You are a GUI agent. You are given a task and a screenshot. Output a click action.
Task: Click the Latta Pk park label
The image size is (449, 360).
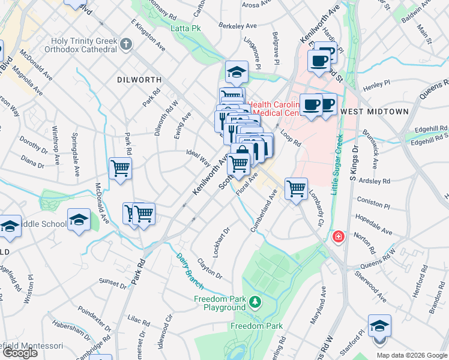coord(185,28)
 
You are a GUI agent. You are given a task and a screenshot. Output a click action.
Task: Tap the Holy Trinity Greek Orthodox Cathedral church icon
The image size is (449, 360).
coord(125,44)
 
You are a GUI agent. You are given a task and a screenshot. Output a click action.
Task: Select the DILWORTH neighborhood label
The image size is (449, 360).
coord(139,79)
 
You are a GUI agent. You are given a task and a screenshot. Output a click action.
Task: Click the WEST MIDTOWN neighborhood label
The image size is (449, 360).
coord(374,112)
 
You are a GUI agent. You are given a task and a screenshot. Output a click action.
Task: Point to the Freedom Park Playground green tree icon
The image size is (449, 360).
coord(256,301)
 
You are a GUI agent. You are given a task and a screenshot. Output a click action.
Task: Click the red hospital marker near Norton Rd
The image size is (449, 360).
coord(339,237)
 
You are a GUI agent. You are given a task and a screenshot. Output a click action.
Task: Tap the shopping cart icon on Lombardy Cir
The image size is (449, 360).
coord(296,189)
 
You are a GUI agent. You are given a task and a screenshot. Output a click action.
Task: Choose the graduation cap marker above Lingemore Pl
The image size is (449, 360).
coord(237,72)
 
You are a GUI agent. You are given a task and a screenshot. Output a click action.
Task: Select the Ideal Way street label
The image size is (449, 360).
coord(198,158)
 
